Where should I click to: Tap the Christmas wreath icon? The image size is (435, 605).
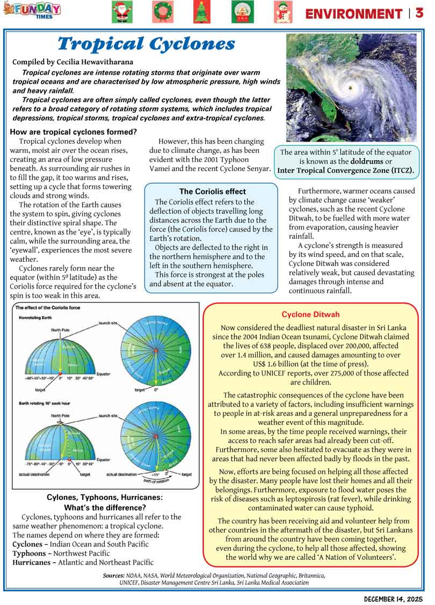tap(161, 12)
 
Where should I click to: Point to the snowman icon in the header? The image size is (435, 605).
tap(282, 12)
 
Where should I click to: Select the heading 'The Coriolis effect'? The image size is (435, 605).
tap(212, 191)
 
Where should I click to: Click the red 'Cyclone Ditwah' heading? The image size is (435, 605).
tap(310, 314)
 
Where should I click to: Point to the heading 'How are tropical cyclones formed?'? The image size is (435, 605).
tap(74, 132)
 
